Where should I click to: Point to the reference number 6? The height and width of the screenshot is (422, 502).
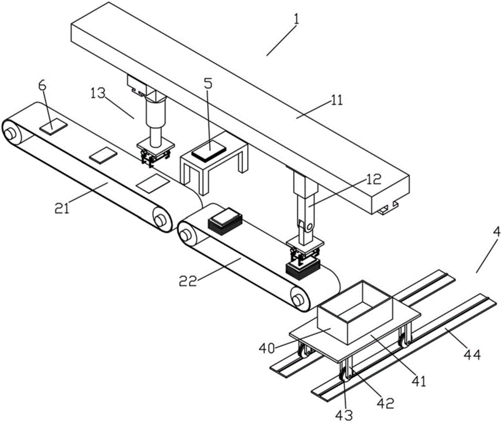pyautogui.click(x=43, y=86)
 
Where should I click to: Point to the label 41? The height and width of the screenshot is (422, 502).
pyautogui.click(x=418, y=381)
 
